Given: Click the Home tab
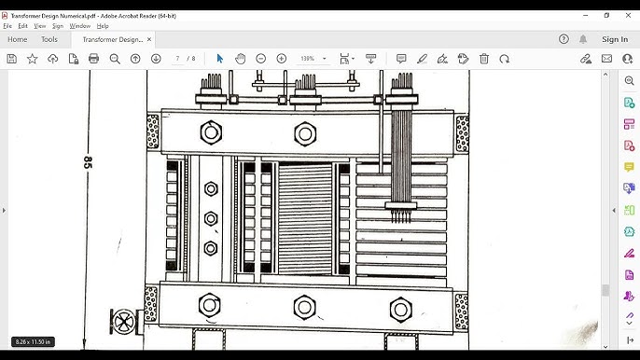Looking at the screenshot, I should [x=17, y=39].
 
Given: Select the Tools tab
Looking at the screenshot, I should [x=49, y=39].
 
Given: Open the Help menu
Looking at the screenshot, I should [x=103, y=26].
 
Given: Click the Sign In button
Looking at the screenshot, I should [x=614, y=39].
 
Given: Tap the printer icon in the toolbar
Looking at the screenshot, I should [x=93, y=59].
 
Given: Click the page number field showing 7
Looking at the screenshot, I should [x=177, y=59].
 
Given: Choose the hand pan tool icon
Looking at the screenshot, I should [x=240, y=59].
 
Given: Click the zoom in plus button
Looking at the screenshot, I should [x=282, y=59].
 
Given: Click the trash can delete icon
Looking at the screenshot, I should [x=484, y=59].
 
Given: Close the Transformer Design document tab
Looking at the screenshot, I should [x=150, y=39].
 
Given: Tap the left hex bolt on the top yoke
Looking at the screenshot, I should [x=209, y=133].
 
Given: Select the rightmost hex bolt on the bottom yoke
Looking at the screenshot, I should [x=399, y=307].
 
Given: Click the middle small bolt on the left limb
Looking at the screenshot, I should [x=210, y=218].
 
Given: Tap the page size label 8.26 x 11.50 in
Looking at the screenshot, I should [x=33, y=341].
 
